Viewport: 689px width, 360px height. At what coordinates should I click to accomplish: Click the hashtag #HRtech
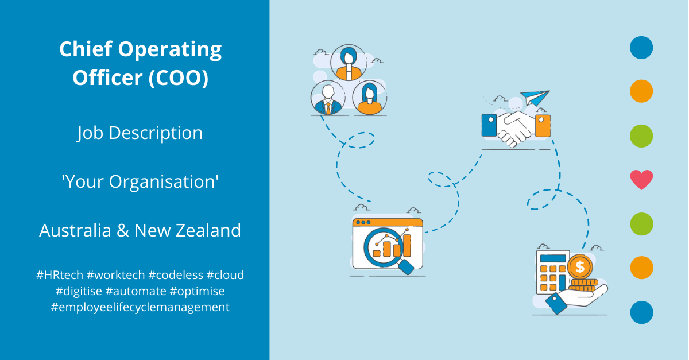coord(60,275)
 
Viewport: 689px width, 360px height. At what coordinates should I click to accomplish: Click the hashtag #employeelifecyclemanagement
coord(140,307)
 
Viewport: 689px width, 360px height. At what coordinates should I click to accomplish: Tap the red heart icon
coord(641,180)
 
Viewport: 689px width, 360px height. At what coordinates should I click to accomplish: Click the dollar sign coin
coord(580,267)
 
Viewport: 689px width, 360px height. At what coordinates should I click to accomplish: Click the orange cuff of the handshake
coord(543,126)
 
